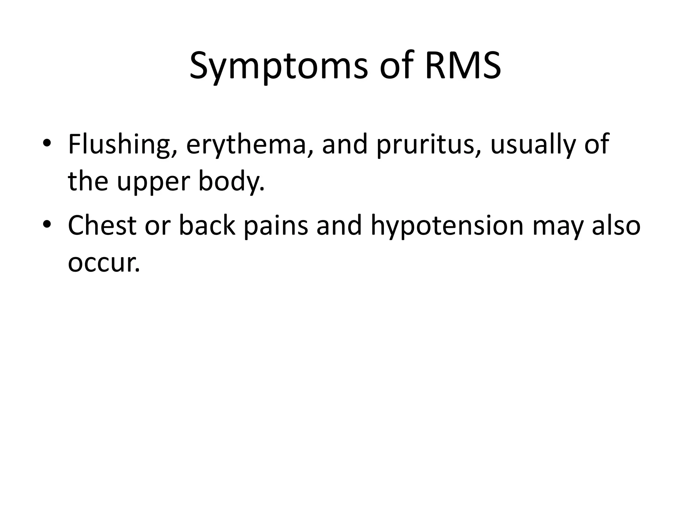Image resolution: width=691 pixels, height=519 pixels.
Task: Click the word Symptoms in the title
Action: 278,67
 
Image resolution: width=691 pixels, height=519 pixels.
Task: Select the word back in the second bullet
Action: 207,226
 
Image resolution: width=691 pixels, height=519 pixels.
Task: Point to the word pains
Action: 276,226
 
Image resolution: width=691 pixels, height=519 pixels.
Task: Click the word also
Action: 616,226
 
